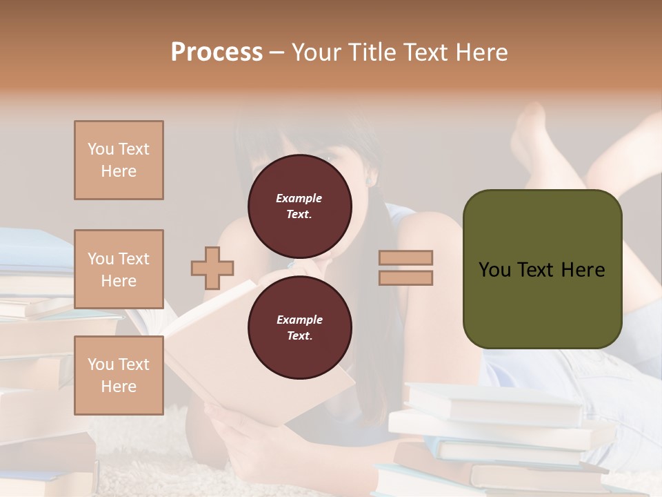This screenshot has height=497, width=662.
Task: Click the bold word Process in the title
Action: [x=217, y=52]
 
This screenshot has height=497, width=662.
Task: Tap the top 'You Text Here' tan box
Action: [x=119, y=160]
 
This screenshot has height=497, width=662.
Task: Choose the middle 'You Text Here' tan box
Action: [x=119, y=269]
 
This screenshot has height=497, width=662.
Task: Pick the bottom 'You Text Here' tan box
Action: [x=119, y=375]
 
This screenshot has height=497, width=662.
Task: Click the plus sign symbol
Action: [x=212, y=268]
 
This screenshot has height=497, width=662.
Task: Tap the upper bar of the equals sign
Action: [x=406, y=257]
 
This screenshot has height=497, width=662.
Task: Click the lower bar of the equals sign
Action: [x=406, y=277]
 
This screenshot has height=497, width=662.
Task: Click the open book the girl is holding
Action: [x=207, y=345]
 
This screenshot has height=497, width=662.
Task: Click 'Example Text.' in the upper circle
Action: [x=299, y=206]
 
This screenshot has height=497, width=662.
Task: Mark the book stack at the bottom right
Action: [x=496, y=442]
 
